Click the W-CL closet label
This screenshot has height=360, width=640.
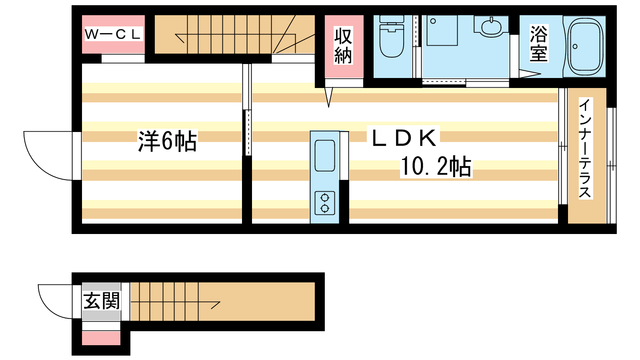click(x=113, y=34)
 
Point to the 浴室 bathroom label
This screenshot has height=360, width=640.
click(x=538, y=44)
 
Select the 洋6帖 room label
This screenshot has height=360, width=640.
click(x=168, y=141)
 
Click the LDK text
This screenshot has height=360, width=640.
click(x=404, y=138)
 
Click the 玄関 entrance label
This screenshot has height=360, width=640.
click(x=102, y=301)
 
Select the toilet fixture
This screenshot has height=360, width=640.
click(x=392, y=36)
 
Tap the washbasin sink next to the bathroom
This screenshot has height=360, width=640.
click(x=491, y=26)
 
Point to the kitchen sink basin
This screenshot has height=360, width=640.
click(x=324, y=156)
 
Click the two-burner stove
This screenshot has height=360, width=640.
click(x=324, y=203)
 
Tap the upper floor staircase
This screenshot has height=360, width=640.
click(x=234, y=34)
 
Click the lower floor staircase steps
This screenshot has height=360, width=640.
click(x=164, y=302)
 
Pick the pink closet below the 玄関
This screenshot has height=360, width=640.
click(x=101, y=338)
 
